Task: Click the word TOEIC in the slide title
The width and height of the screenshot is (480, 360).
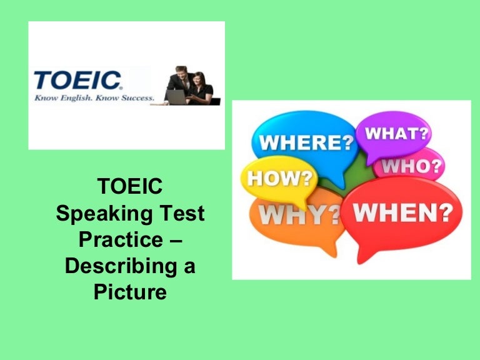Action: tap(131, 186)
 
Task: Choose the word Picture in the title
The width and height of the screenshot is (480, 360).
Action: tap(131, 292)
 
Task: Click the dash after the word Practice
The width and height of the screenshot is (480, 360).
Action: tap(175, 241)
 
